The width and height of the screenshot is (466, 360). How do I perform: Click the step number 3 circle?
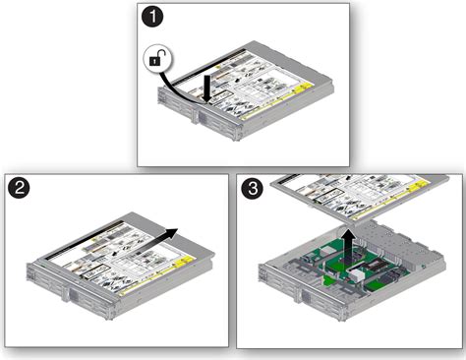click(253, 185)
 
